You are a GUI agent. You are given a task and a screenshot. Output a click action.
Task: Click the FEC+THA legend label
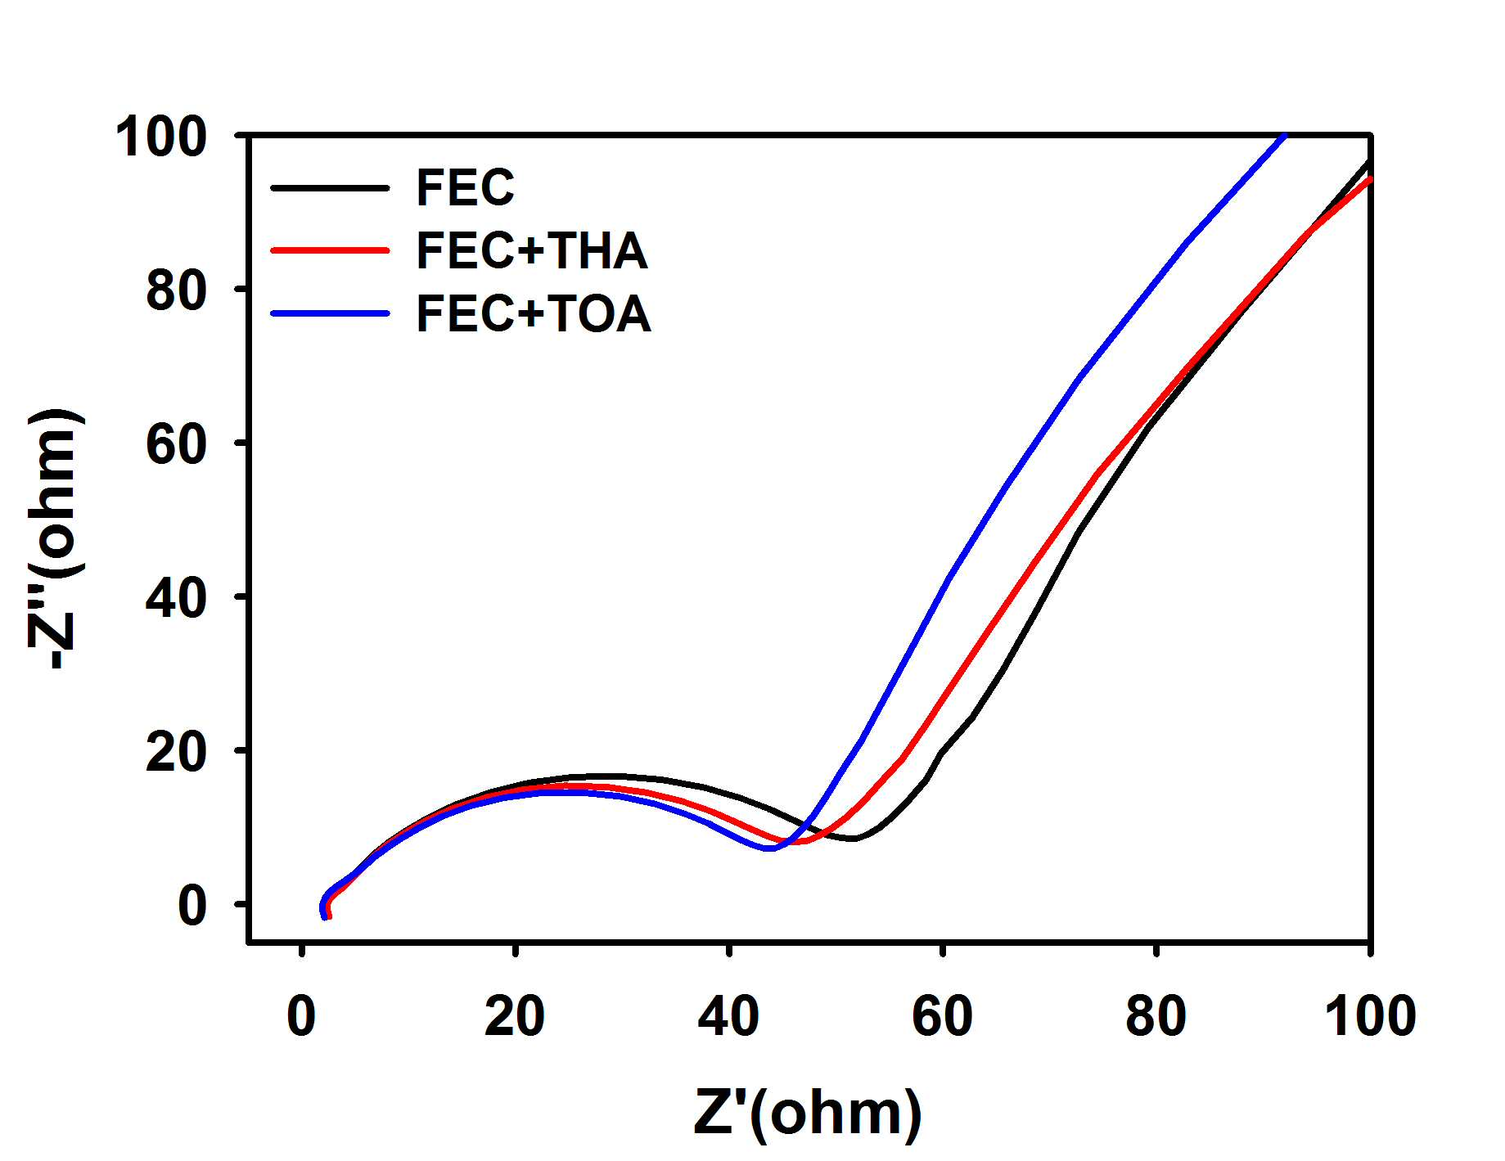pyautogui.click(x=532, y=250)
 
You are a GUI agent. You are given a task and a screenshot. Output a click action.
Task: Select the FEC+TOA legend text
pyautogui.click(x=534, y=314)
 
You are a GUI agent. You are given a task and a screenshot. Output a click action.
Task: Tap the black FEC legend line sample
pyautogui.click(x=330, y=188)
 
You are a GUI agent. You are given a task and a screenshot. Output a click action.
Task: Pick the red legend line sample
pyautogui.click(x=330, y=250)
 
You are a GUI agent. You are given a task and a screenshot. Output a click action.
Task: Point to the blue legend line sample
pyautogui.click(x=330, y=313)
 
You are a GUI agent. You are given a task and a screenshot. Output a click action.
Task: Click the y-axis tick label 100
pyautogui.click(x=161, y=136)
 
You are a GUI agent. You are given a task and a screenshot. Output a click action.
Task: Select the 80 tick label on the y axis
pyautogui.click(x=176, y=290)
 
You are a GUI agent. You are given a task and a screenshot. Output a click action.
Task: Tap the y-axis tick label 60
pyautogui.click(x=176, y=444)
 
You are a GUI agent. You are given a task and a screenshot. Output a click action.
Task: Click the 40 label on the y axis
pyautogui.click(x=176, y=598)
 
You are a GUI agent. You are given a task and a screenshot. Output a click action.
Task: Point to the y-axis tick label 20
pyautogui.click(x=176, y=752)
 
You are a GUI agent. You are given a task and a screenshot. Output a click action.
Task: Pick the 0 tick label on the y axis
pyautogui.click(x=192, y=906)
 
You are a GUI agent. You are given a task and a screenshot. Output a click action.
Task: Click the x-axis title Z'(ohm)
pyautogui.click(x=808, y=1114)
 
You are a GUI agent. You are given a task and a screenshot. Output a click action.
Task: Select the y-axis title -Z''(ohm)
pyautogui.click(x=54, y=538)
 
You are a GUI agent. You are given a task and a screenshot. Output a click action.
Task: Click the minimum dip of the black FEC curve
pyautogui.click(x=853, y=839)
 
